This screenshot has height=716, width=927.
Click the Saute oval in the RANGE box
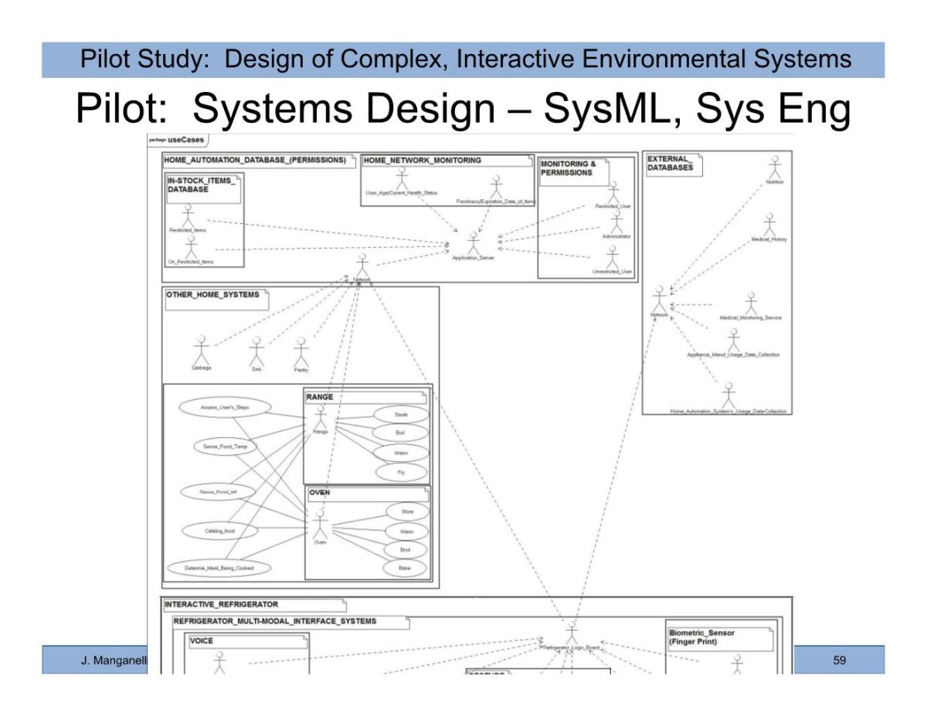[400, 415]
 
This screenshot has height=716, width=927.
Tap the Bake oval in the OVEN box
[405, 568]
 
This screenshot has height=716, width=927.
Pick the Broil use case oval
[405, 549]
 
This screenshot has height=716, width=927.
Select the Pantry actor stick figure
[301, 352]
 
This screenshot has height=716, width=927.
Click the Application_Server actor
[473, 243]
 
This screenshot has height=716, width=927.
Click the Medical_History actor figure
[769, 225]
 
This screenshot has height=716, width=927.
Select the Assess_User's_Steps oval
[214, 408]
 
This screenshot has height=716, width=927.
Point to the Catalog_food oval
[214, 531]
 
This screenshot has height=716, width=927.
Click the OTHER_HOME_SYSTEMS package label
[213, 295]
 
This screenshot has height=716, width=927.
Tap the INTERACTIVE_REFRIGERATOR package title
[222, 604]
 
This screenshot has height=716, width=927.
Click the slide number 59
[840, 661]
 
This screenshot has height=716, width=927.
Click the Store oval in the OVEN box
[405, 512]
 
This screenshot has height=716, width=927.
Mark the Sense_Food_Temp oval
[220, 447]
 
